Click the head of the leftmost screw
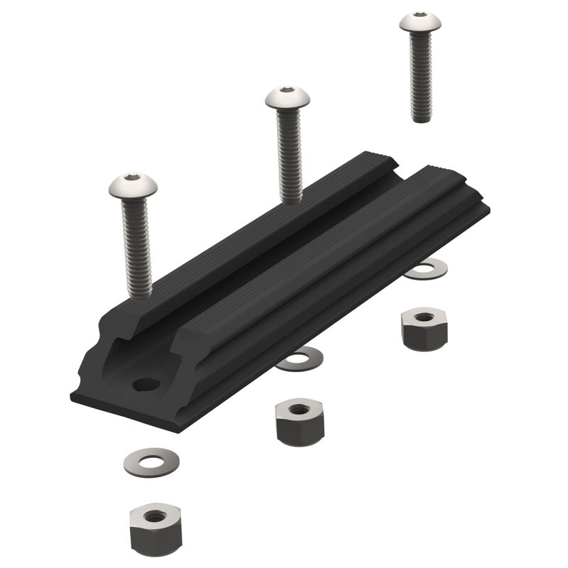click(133, 187)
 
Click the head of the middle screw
click(288, 98)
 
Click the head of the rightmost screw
click(420, 22)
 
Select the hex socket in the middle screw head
click(287, 90)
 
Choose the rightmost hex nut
click(424, 328)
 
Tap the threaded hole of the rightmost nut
click(424, 317)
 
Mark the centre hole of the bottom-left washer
click(151, 462)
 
